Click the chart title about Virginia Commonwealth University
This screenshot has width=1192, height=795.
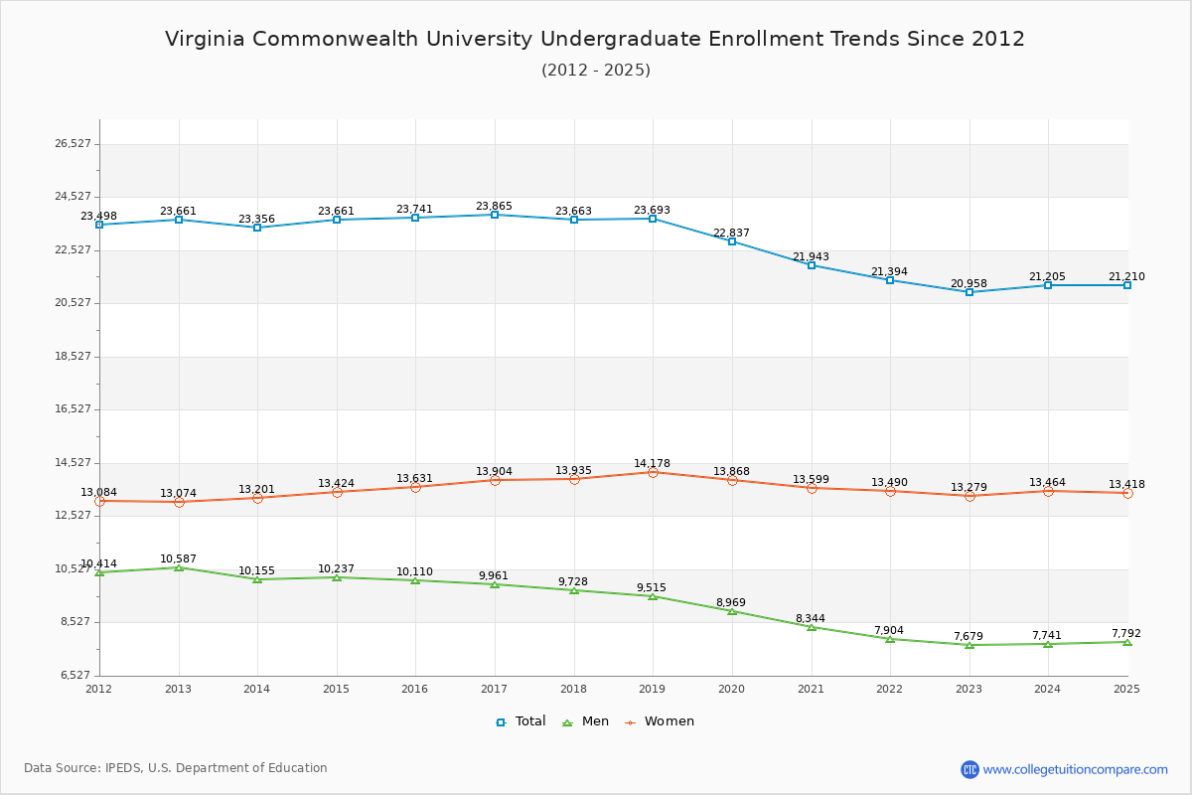pos(595,39)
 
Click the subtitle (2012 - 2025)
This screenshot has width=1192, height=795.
pos(596,70)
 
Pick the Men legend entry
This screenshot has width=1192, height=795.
pos(586,721)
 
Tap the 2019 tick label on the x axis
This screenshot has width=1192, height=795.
pos(653,689)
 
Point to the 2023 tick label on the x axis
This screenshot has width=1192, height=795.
pos(968,689)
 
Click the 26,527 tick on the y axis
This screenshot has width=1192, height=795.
pos(73,144)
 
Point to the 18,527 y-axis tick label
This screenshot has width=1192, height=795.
pos(73,357)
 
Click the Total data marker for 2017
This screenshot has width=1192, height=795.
pos(495,215)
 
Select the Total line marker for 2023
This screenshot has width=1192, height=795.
pos(969,292)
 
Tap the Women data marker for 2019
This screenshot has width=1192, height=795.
pos(653,472)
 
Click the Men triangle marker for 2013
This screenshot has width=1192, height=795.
pos(179,567)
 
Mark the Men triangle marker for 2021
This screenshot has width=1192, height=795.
pos(812,627)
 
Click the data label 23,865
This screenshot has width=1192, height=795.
pos(494,206)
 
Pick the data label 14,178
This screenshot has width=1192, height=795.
pos(652,463)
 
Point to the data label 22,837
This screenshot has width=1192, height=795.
pos(731,233)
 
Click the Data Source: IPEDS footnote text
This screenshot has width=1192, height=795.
pos(176,768)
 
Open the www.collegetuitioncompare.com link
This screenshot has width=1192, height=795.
pos(1075,769)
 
